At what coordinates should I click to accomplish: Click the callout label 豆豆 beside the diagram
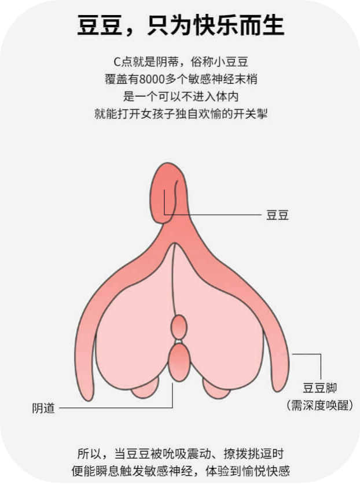click(x=277, y=215)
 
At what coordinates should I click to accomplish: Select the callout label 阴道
click(x=43, y=408)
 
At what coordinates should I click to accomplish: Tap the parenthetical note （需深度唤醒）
click(x=319, y=405)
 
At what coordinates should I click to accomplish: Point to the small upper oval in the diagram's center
click(x=179, y=327)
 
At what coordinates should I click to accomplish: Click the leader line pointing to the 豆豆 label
click(x=220, y=215)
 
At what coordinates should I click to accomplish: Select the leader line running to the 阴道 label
click(x=116, y=408)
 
